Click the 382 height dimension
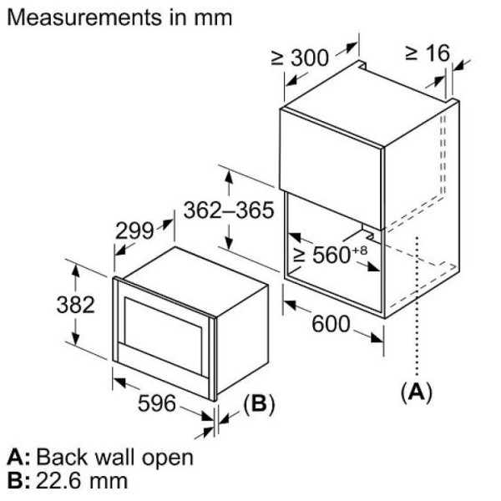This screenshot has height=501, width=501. (x=76, y=305)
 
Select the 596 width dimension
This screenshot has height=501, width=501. (x=157, y=403)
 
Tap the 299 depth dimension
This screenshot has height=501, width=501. (x=134, y=230)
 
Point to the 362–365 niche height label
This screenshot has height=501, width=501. (x=229, y=210)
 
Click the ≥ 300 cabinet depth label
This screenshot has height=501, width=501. (x=300, y=58)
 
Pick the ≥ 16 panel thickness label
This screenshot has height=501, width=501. (x=428, y=53)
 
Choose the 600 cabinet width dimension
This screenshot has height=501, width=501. (x=331, y=324)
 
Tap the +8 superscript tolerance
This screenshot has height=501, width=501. (x=360, y=250)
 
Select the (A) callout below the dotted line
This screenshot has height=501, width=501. (x=417, y=392)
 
